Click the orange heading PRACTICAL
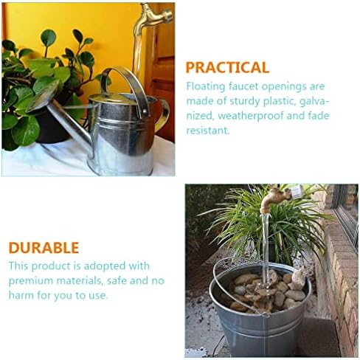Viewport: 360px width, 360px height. [227, 67]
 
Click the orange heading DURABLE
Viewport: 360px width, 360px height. [44, 248]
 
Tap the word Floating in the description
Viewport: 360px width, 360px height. [206, 87]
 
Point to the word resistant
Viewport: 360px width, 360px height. [208, 131]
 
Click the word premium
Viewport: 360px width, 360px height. [31, 281]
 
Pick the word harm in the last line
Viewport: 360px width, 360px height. [21, 295]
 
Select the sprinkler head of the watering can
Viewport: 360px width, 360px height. [43, 96]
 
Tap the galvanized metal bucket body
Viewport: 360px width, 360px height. [260, 327]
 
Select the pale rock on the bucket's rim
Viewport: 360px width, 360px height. [298, 278]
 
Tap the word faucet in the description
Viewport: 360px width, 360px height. [243, 86]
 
